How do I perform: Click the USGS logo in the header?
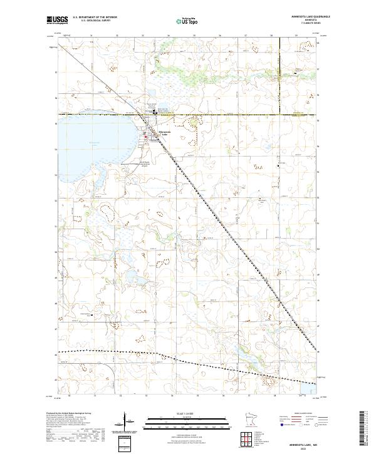58,21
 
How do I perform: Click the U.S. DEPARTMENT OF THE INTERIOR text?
95,17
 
